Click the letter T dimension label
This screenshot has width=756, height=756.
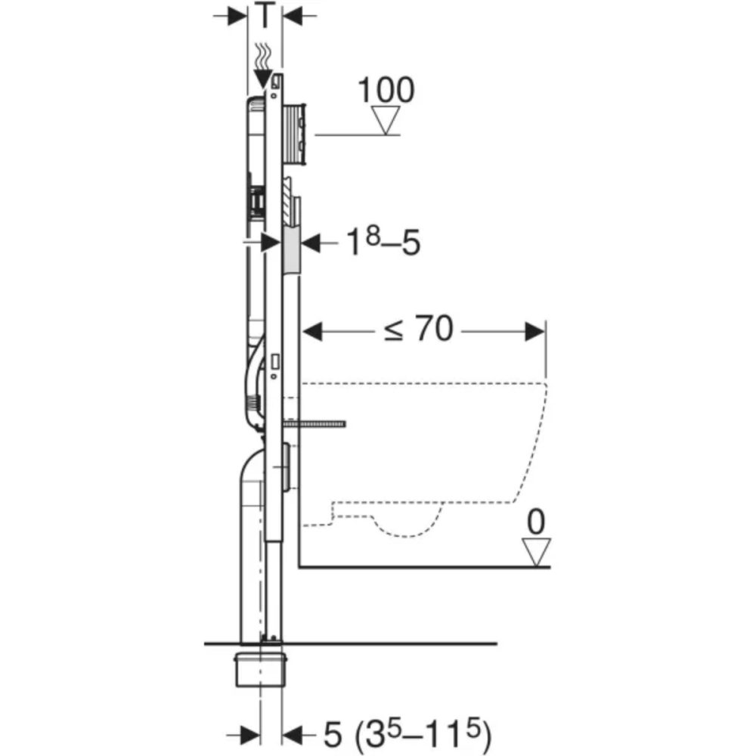265,15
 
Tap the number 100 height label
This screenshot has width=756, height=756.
386,90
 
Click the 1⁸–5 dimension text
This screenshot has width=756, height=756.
383,243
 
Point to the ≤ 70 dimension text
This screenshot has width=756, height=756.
418,330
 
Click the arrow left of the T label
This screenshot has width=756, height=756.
239,16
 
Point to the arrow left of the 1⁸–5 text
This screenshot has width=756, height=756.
311,243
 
